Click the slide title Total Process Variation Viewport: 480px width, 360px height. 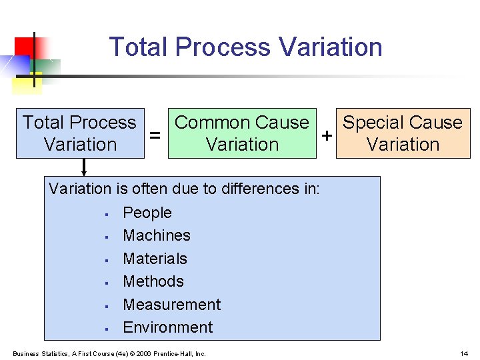[x=245, y=47]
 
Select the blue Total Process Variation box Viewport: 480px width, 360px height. [x=80, y=133]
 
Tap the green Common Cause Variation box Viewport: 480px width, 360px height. [x=242, y=133]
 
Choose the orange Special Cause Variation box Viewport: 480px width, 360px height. [x=403, y=133]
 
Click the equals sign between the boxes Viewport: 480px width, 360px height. [x=155, y=135]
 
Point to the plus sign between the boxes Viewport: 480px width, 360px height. [x=327, y=135]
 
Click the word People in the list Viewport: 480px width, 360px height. [x=147, y=213]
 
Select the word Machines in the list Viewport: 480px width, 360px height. [x=157, y=235]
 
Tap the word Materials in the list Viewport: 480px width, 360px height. [x=155, y=259]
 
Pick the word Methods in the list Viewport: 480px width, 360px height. [x=153, y=281]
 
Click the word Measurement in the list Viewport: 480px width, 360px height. [x=171, y=305]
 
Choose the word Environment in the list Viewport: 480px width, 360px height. [x=168, y=327]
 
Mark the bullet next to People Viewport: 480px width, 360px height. [x=106, y=214]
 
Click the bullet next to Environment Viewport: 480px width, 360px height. [x=106, y=329]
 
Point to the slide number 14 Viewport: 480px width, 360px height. [x=464, y=353]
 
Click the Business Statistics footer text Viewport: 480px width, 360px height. [x=109, y=353]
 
